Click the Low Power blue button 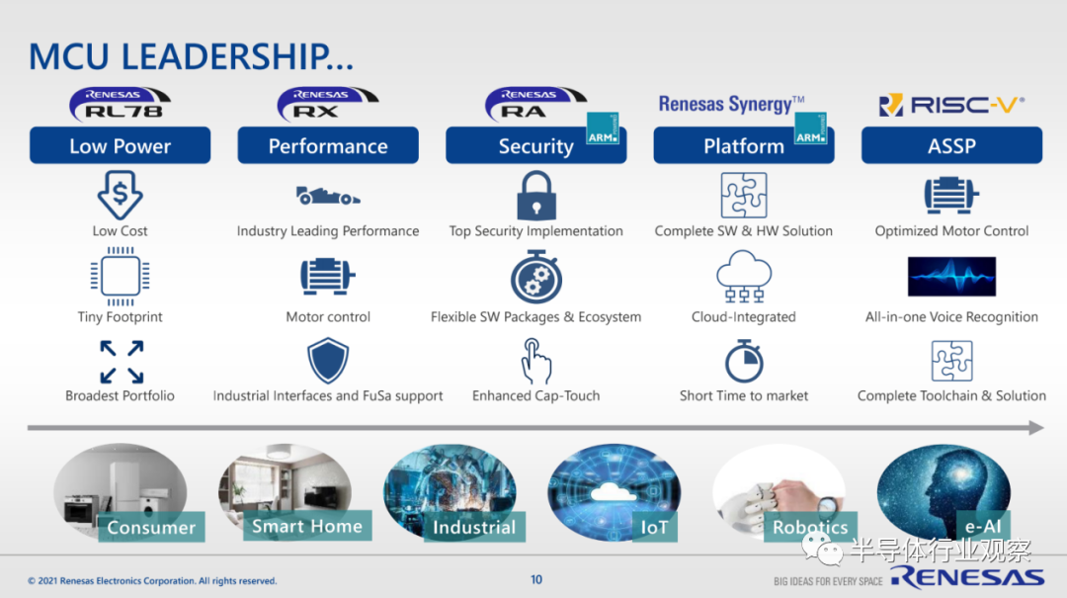[120, 145]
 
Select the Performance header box [328, 145]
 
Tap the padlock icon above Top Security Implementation [536, 196]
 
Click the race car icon [328, 196]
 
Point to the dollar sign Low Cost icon [120, 195]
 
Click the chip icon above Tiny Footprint [121, 277]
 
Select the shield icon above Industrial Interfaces [328, 361]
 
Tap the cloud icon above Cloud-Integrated [744, 276]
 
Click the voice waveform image [951, 277]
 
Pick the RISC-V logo [951, 105]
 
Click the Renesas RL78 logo [120, 104]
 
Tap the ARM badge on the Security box [603, 128]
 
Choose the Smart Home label [307, 526]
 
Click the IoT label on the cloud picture [654, 527]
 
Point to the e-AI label [983, 526]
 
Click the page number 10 [536, 579]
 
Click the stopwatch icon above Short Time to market [744, 361]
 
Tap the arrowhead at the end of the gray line [1035, 428]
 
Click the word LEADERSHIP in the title [237, 56]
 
